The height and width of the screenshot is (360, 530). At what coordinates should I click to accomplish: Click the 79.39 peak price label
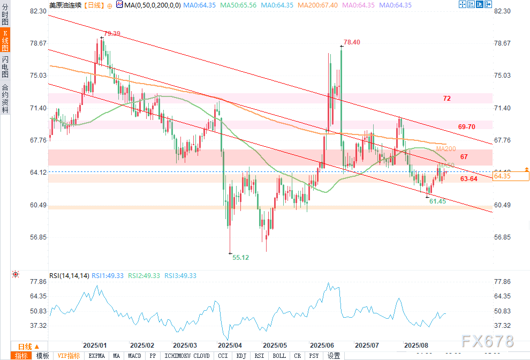(x=112, y=34)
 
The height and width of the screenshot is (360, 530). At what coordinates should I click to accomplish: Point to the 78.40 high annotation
(x=352, y=42)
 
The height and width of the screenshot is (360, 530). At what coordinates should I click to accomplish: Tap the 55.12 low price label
(x=241, y=258)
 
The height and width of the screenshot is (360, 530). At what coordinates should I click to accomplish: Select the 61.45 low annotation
(x=437, y=201)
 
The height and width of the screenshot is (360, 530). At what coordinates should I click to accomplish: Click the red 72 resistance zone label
(x=447, y=99)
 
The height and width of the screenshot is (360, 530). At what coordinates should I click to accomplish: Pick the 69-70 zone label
(x=467, y=126)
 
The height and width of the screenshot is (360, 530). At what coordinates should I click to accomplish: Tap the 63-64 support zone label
(x=469, y=179)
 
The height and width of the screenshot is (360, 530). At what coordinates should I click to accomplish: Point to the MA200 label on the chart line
(x=446, y=148)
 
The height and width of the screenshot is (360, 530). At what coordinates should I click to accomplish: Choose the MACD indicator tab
(x=135, y=356)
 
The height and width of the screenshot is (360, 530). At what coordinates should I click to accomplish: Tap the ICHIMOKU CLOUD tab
(x=187, y=356)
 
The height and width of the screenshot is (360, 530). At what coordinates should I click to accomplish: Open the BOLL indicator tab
(x=279, y=356)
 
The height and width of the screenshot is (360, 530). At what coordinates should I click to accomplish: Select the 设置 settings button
(x=334, y=356)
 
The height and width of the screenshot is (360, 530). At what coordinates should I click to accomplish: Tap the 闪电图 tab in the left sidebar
(x=5, y=66)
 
